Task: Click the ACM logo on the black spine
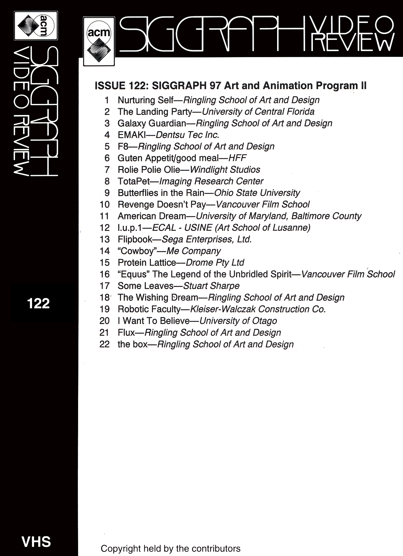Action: tap(36, 26)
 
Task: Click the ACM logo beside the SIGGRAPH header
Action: tap(99, 42)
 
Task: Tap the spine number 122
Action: tap(38, 304)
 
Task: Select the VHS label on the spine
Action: tap(36, 542)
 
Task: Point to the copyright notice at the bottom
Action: tap(170, 548)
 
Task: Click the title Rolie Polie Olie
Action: tap(149, 170)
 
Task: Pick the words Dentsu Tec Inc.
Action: tap(187, 135)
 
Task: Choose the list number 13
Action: tap(105, 239)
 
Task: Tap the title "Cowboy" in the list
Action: tap(135, 251)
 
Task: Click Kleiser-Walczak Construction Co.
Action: tap(258, 309)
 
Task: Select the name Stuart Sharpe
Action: tap(211, 286)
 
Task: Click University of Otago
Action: tap(238, 321)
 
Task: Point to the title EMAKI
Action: tap(132, 135)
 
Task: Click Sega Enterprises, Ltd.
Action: tap(207, 239)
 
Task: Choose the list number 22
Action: tap(105, 344)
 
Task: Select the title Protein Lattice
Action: tap(147, 263)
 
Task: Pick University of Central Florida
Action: tap(258, 112)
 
